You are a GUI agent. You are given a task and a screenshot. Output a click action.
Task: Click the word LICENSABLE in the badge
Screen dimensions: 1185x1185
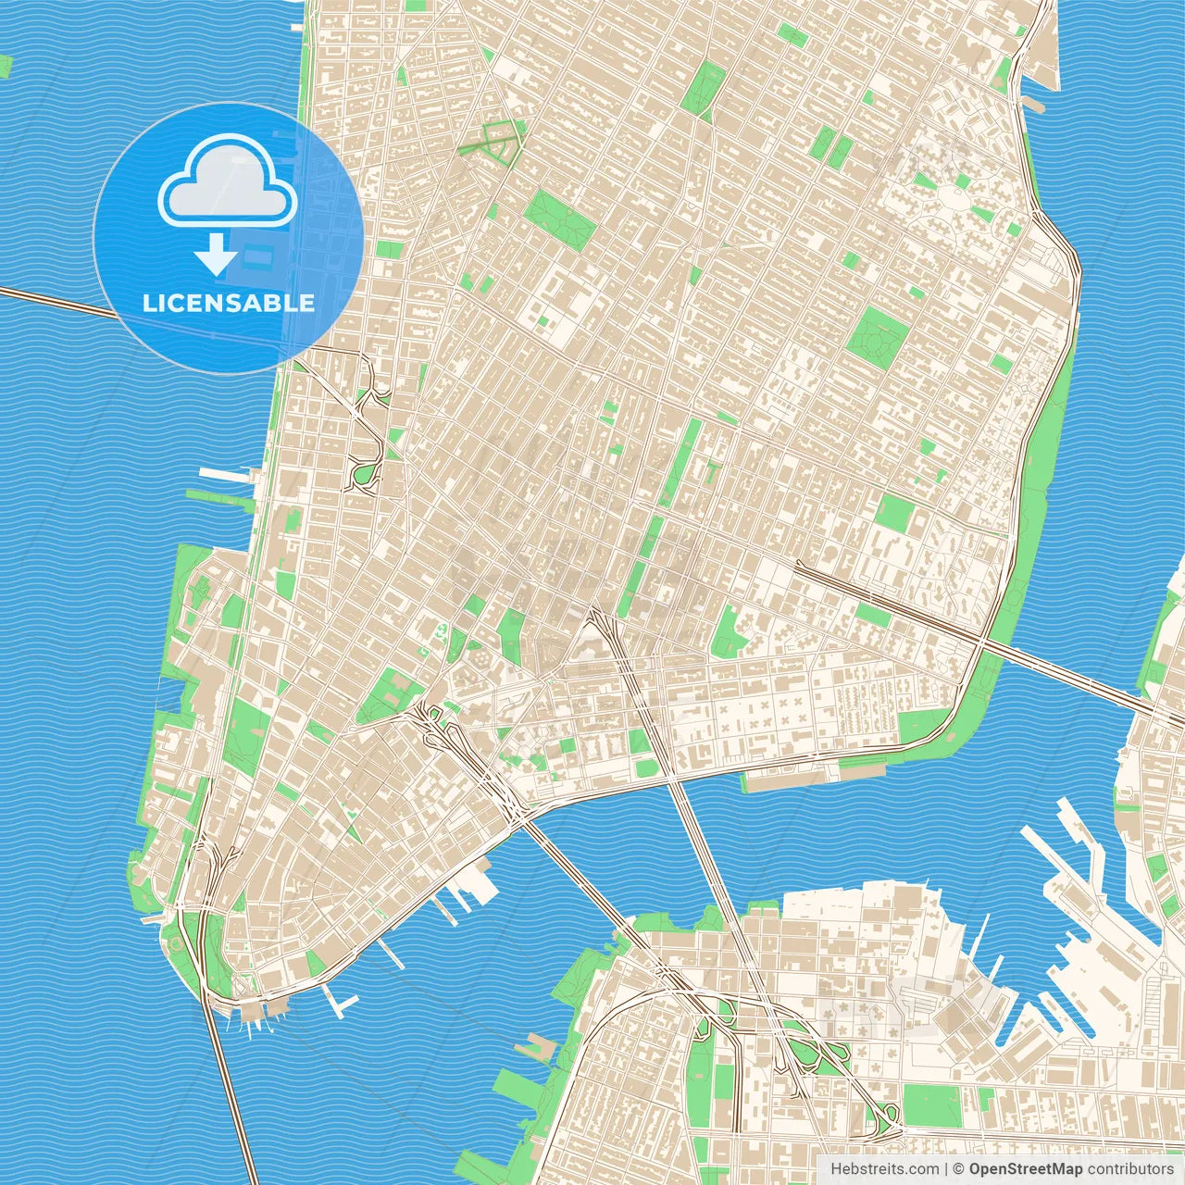[x=228, y=303]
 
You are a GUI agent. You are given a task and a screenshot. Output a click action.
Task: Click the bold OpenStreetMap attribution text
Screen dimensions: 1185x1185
[x=1026, y=1169]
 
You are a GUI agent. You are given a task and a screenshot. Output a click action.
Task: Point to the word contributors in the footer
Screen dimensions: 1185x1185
[x=1129, y=1169]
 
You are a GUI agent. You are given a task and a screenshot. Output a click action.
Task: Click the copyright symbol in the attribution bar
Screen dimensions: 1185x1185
[x=959, y=1169]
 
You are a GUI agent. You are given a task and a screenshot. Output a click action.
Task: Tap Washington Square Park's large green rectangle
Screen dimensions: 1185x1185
[x=559, y=220]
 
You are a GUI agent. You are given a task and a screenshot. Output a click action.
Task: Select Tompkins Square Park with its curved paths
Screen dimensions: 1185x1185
[x=876, y=334]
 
